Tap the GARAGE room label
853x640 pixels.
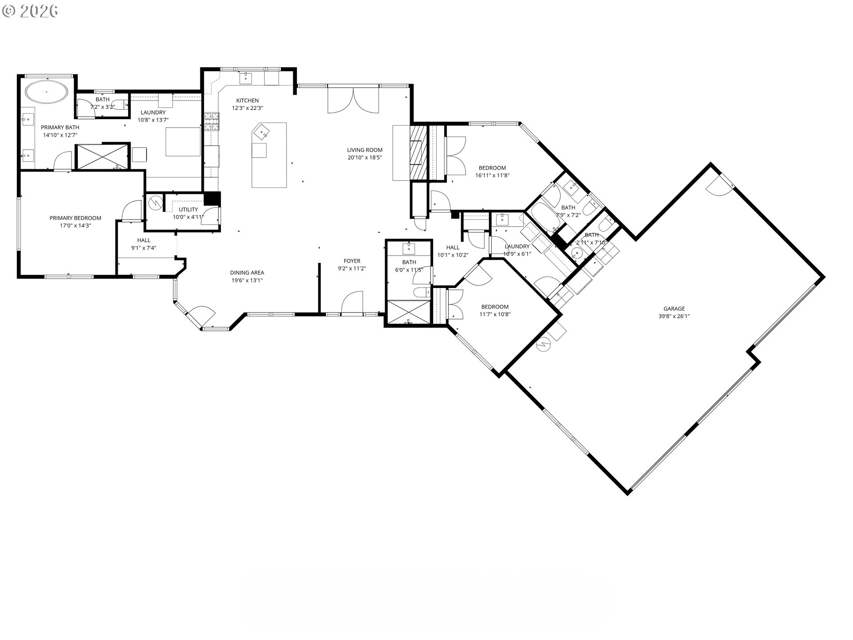(674, 308)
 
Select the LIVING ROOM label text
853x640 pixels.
(365, 150)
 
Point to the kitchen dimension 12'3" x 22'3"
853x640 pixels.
(247, 108)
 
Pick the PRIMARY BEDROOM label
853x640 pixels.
(75, 218)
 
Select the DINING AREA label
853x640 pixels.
(247, 272)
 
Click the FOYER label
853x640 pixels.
(352, 261)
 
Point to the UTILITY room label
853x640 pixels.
(188, 209)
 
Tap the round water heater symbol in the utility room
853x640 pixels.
(155, 203)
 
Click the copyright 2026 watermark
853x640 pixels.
(30, 11)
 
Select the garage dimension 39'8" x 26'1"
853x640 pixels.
(674, 316)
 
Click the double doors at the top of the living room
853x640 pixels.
(353, 101)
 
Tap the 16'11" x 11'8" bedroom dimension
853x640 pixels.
(492, 176)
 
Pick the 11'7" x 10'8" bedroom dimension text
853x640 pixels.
(495, 315)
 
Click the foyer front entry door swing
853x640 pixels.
(352, 303)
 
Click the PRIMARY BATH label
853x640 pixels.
(60, 127)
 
